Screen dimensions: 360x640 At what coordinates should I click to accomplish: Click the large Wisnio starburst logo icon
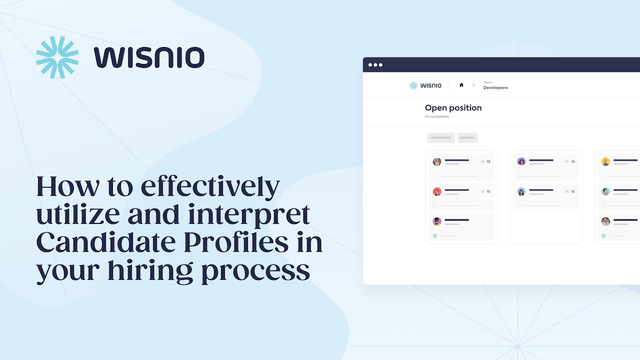click(57, 57)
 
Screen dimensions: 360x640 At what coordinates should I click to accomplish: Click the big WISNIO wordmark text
click(149, 57)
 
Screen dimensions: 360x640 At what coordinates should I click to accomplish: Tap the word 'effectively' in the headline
click(210, 187)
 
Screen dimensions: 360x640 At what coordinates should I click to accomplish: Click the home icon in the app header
click(461, 85)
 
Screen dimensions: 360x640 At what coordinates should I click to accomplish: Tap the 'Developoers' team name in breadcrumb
click(495, 88)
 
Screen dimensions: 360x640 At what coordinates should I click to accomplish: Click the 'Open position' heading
click(453, 107)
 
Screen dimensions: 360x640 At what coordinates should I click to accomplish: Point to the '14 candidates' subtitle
click(437, 117)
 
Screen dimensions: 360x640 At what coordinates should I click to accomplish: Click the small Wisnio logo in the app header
click(425, 85)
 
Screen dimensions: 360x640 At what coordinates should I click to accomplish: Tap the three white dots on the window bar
click(375, 65)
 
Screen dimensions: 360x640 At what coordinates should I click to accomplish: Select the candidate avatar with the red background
click(437, 191)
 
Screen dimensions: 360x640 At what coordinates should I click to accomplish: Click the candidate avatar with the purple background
click(521, 161)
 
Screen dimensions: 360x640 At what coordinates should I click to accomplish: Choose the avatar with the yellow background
click(605, 161)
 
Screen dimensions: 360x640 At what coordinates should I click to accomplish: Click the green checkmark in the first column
click(435, 235)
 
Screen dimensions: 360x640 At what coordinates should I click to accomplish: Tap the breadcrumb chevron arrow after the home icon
click(473, 85)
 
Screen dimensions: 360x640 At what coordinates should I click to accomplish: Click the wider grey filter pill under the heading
click(441, 137)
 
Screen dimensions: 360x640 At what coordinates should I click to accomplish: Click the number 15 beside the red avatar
click(488, 191)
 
